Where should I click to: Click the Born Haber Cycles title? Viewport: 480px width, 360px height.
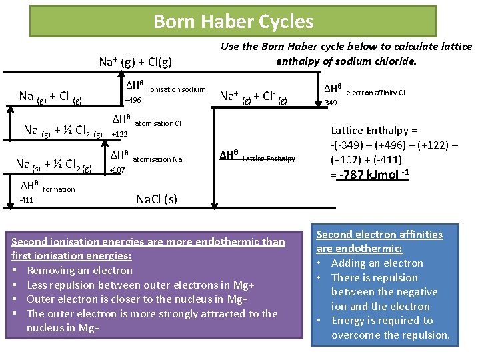coord(233,22)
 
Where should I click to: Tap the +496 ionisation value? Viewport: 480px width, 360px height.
coord(133,100)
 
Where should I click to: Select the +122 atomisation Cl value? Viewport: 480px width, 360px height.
coord(120,134)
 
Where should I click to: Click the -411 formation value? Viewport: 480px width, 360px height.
coord(27,200)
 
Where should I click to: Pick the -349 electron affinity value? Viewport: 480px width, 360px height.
coord(330,103)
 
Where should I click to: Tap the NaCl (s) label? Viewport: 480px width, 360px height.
coord(157,199)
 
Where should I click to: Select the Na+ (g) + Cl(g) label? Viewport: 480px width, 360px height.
coord(135,63)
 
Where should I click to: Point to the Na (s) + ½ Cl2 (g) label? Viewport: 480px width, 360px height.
coord(53,164)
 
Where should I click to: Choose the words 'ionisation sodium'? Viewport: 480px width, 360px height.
coord(177,89)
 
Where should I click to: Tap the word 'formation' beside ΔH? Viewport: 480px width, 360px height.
coord(59,189)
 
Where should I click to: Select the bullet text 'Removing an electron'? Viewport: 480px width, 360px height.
coord(79,270)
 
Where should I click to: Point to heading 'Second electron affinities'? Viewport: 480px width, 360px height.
coord(379,235)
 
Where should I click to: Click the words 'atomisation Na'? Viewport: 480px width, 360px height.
coord(157,159)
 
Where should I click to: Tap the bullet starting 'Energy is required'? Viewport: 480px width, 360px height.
coord(382,321)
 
